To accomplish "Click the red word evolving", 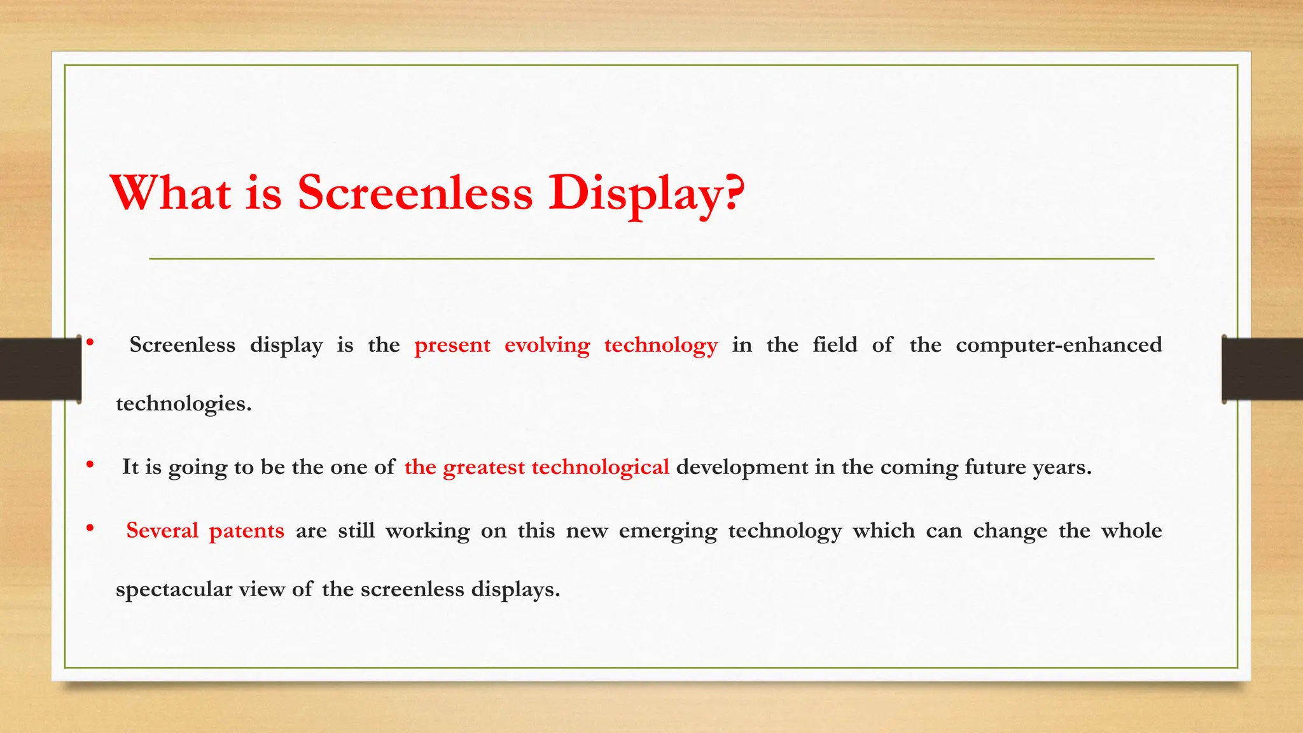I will point(547,346).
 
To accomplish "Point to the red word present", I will point(452,346).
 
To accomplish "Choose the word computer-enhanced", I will point(1059,345).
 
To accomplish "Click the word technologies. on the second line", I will point(184,403).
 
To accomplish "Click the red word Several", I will point(162,531).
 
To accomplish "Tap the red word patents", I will point(246,531).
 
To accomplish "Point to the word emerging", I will point(667,531).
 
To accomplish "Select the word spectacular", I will point(174,590).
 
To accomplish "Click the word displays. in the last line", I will point(515,590).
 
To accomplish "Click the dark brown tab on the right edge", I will point(1262,369).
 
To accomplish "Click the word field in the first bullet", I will point(835,345).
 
